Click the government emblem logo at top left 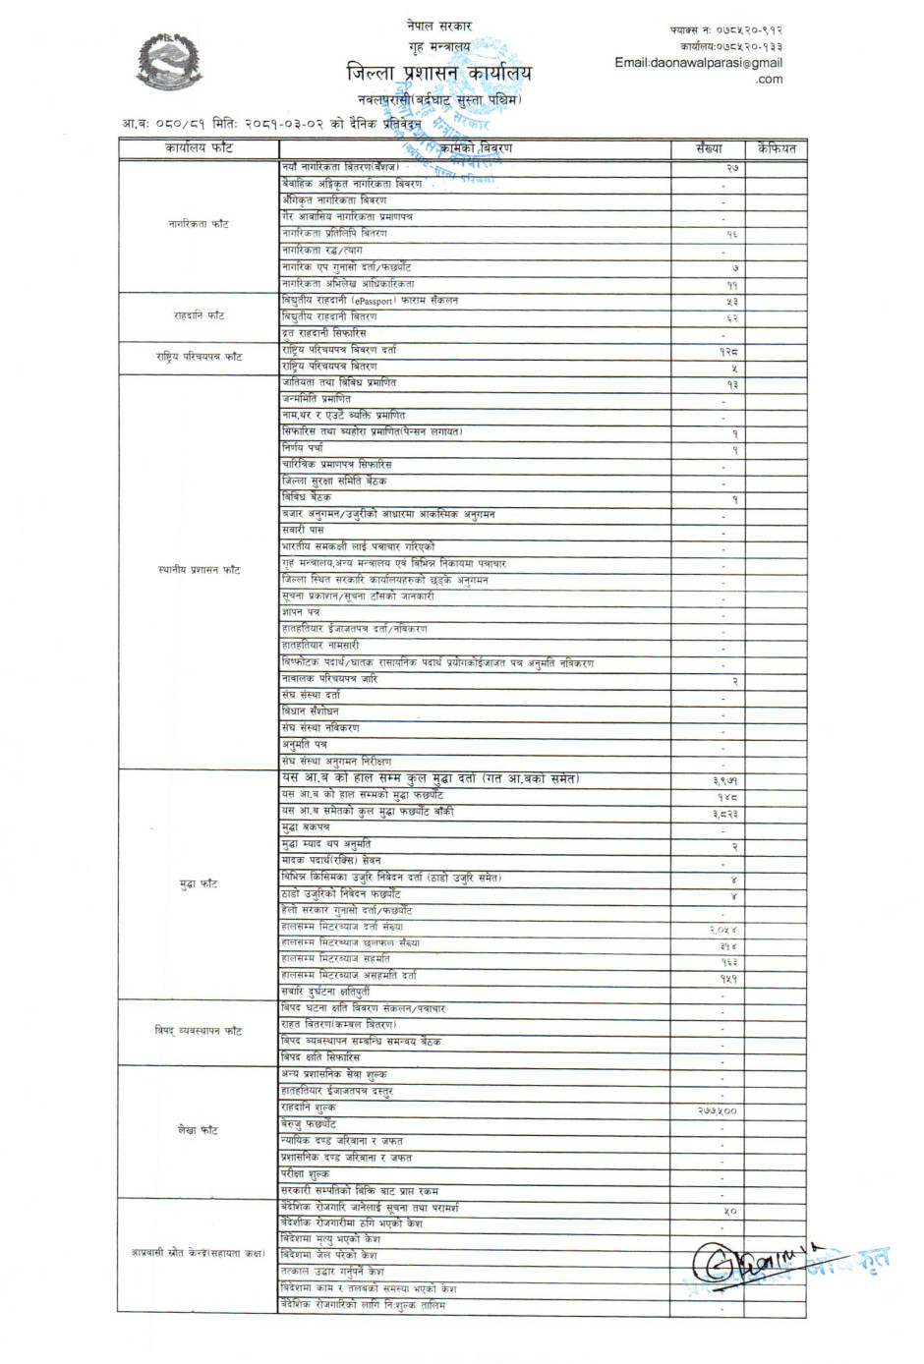pos(169,62)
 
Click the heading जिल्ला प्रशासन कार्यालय pos(438,73)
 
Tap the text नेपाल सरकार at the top pos(439,26)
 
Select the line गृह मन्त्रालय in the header pos(439,46)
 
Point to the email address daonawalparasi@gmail pos(698,63)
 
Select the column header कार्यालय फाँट pos(199,148)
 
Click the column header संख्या pos(708,148)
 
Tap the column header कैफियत pos(776,148)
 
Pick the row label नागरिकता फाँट pos(199,224)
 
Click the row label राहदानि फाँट pos(199,315)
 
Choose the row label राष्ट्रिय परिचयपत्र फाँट pos(199,357)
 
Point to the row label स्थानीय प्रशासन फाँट pos(199,570)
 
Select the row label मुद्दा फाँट pos(199,884)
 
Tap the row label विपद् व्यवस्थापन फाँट pos(199,1031)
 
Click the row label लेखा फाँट pos(199,1130)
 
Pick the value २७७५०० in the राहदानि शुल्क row pos(717,1110)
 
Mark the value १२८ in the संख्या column pos(728,351)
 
